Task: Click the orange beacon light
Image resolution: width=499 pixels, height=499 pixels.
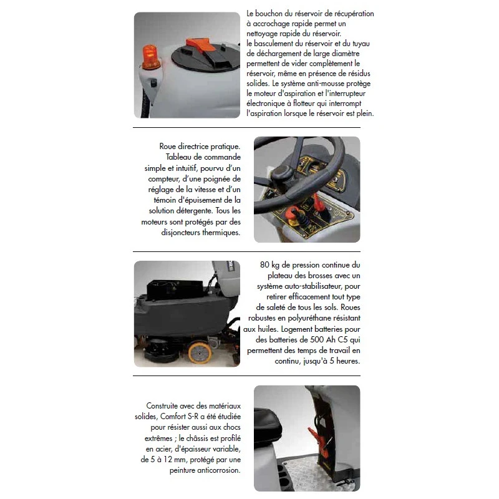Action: pyautogui.click(x=151, y=57)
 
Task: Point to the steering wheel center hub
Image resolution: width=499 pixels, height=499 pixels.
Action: pyautogui.click(x=283, y=172)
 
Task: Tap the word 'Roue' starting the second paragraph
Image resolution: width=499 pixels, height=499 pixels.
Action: pyautogui.click(x=167, y=147)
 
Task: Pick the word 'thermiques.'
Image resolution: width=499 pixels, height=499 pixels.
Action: pyautogui.click(x=221, y=233)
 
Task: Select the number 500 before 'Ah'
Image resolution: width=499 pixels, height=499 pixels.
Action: pyautogui.click(x=317, y=339)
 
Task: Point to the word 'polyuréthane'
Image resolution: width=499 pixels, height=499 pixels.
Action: pyautogui.click(x=308, y=318)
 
